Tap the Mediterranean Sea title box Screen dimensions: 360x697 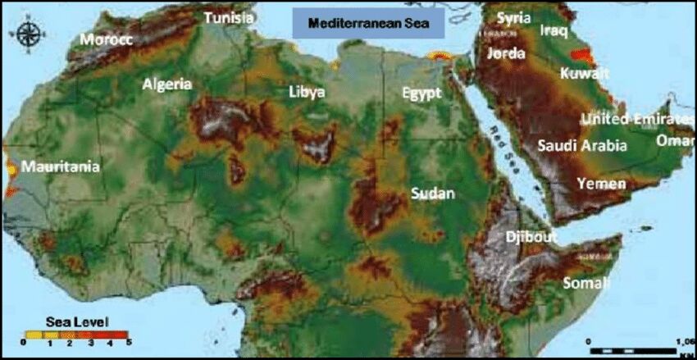click(x=368, y=24)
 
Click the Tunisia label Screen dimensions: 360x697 click(x=229, y=17)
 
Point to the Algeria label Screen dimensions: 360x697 click(x=166, y=84)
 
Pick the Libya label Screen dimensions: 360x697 click(x=307, y=91)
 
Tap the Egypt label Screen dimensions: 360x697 click(x=421, y=92)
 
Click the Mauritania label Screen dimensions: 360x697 click(x=61, y=166)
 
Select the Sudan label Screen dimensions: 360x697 click(x=432, y=194)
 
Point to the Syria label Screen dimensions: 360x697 click(x=514, y=18)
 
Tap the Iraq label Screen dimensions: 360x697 click(x=553, y=30)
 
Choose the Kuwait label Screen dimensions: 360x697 click(x=585, y=74)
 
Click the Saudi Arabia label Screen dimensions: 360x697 click(x=582, y=146)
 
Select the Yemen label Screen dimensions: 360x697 click(x=601, y=183)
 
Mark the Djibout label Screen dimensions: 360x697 click(x=531, y=236)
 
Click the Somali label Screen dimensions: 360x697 click(x=586, y=283)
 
